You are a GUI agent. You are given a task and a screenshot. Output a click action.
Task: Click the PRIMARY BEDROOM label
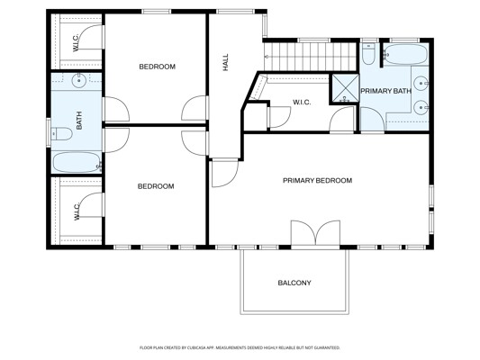click(317, 181)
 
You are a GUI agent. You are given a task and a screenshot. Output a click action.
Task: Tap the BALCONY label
click(294, 283)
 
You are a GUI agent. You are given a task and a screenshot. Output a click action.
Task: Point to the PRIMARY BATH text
click(385, 92)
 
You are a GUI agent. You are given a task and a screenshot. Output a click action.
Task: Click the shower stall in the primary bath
click(345, 86)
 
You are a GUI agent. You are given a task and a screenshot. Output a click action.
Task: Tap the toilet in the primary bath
click(369, 57)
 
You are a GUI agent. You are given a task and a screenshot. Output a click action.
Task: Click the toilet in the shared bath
click(62, 134)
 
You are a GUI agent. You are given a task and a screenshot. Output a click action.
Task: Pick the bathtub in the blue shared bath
click(76, 164)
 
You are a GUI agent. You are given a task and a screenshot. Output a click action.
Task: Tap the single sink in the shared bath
click(77, 82)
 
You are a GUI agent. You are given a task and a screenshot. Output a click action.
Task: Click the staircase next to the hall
click(303, 58)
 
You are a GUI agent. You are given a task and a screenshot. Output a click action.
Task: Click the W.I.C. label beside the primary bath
click(302, 103)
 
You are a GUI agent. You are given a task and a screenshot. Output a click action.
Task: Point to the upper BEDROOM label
click(157, 67)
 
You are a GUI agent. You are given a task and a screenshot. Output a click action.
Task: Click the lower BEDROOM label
click(155, 186)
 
